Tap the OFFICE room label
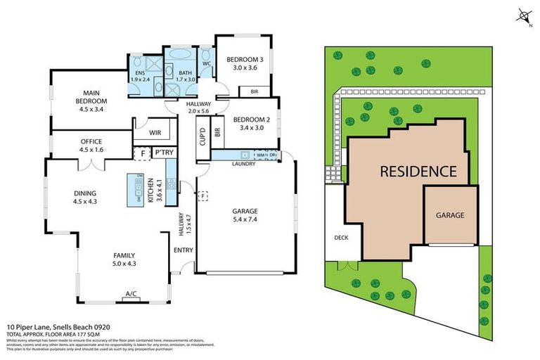click(91, 141)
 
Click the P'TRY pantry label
click(164, 153)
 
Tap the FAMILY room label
click(123, 255)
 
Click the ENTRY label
click(181, 249)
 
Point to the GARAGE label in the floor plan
click(245, 210)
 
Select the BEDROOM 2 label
click(251, 119)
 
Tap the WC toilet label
click(207, 63)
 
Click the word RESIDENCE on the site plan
click(418, 170)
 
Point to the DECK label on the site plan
click(341, 238)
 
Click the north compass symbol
click(522, 15)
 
